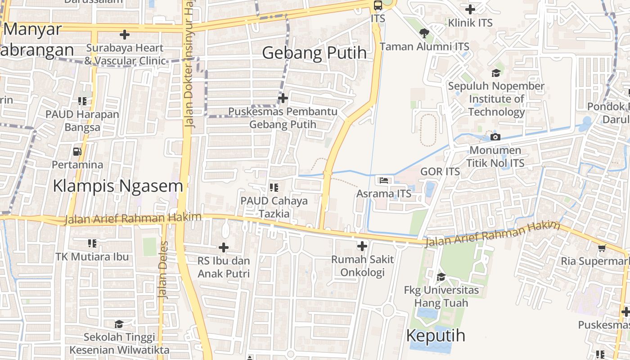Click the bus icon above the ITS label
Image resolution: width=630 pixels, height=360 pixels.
(378, 5)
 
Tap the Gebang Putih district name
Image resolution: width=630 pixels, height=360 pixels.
(314, 53)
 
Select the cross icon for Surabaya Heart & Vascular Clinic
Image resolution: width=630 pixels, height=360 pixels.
(125, 34)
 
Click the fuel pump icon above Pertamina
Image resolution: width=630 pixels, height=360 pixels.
(77, 152)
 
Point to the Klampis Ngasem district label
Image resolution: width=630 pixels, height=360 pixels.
(118, 185)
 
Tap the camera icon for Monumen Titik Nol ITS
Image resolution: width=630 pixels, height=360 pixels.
(495, 137)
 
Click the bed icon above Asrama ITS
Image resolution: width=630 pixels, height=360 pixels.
(384, 180)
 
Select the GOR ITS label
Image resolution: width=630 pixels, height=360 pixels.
(440, 171)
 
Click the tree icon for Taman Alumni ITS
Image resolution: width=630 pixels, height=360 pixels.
(424, 33)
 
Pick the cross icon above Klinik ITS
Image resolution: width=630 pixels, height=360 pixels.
(470, 9)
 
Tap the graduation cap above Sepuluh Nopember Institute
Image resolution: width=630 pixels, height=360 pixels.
(496, 73)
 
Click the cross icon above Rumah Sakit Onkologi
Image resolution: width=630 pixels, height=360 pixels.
(362, 246)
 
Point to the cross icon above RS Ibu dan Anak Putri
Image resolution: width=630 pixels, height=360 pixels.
(224, 247)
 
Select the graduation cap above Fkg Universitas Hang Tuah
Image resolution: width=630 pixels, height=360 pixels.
(441, 277)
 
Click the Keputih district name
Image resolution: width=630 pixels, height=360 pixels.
(436, 336)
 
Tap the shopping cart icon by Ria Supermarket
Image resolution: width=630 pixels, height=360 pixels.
(602, 248)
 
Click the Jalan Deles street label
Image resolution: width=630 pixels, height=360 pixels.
(163, 270)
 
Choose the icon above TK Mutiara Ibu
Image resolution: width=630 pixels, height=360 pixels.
(92, 243)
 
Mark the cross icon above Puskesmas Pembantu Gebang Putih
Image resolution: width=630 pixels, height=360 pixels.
(283, 98)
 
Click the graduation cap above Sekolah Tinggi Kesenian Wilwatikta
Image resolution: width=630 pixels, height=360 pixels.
(119, 324)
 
